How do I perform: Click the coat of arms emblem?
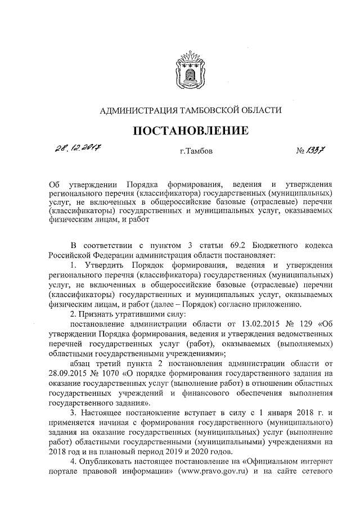190,67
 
